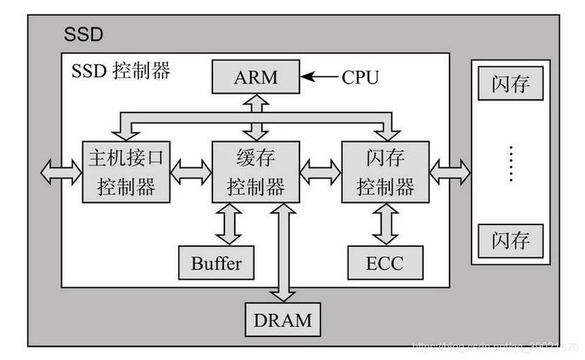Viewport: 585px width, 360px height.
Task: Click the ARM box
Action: click(x=255, y=77)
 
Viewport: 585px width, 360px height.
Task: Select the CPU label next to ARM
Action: click(x=360, y=77)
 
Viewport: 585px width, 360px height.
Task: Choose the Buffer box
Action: click(x=217, y=263)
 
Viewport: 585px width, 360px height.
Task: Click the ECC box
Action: click(x=386, y=263)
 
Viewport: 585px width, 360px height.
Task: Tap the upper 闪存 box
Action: click(x=511, y=85)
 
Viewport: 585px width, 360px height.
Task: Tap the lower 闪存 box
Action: click(x=511, y=239)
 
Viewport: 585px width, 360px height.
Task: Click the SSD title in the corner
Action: click(x=83, y=35)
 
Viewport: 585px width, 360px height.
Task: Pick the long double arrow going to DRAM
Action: click(x=282, y=252)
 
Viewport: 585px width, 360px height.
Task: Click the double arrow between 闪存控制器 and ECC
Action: click(x=386, y=224)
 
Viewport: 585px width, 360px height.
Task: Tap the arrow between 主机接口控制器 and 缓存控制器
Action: click(x=191, y=172)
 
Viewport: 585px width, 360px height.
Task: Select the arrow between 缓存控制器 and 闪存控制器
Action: click(x=320, y=172)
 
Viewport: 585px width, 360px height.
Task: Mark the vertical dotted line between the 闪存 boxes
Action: click(x=511, y=163)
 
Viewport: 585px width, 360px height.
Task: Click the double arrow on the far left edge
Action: click(x=61, y=172)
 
